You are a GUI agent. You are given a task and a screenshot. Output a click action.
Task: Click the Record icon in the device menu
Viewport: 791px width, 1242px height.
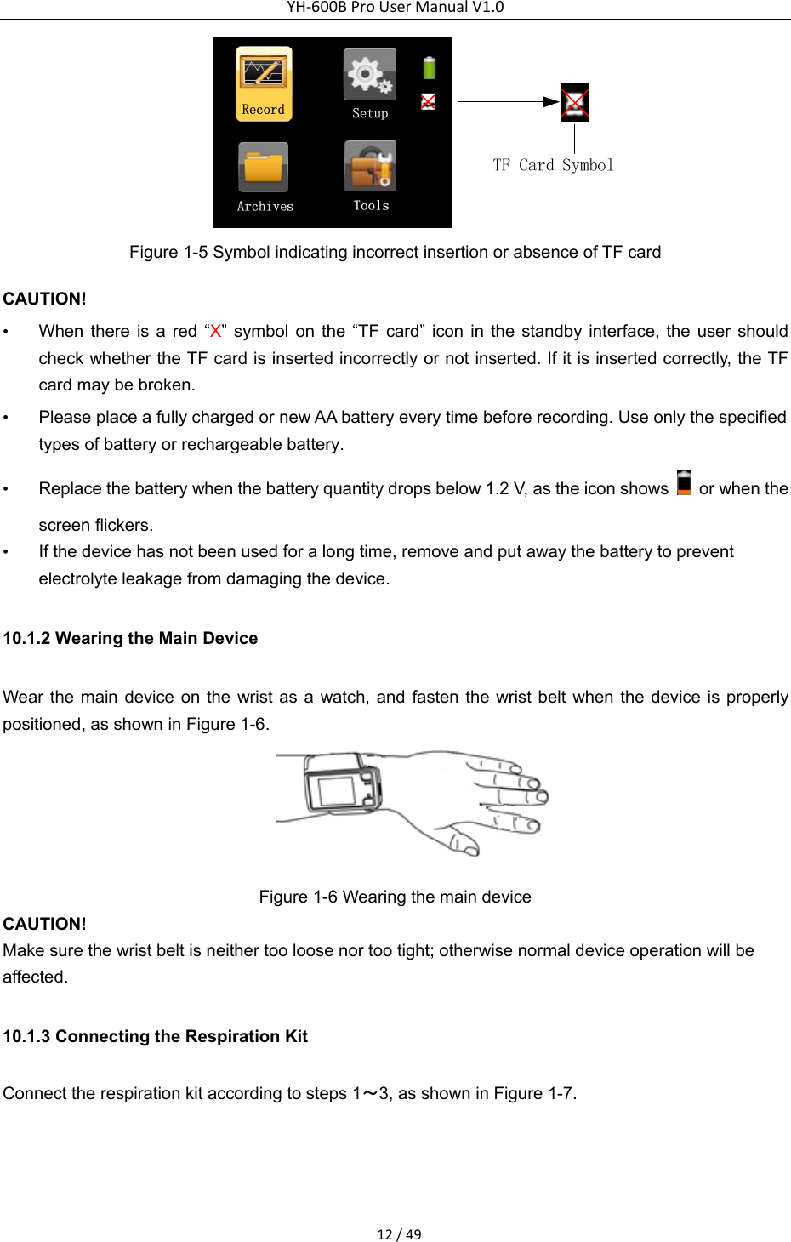tap(264, 83)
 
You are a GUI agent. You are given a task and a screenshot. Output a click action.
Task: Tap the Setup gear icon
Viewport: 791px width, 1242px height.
tap(370, 77)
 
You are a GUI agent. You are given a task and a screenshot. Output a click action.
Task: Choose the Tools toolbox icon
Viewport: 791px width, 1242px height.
tap(371, 167)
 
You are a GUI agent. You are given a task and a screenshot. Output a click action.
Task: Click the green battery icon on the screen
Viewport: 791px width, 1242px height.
tap(430, 67)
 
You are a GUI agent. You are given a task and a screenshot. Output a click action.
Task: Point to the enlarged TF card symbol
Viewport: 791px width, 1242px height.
tap(575, 103)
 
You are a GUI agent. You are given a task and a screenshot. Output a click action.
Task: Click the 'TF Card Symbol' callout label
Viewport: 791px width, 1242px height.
tap(553, 165)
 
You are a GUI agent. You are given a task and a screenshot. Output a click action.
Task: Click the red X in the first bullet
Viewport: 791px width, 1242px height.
tap(215, 331)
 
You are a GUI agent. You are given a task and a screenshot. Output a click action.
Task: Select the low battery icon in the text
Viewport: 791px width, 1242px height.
tap(684, 483)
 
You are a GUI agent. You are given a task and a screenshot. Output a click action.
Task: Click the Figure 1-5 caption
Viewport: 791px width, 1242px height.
tap(395, 252)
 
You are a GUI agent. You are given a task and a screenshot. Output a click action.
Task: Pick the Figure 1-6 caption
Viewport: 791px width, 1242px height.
tap(395, 897)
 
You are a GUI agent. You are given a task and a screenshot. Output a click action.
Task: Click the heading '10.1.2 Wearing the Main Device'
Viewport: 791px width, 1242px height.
tap(130, 638)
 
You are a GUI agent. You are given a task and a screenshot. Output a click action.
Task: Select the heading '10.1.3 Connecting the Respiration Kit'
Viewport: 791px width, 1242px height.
tap(155, 1036)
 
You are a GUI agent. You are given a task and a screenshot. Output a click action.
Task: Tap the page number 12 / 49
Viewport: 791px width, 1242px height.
tap(399, 1234)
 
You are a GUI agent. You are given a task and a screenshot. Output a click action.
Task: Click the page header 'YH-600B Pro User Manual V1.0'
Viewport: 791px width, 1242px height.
tap(395, 8)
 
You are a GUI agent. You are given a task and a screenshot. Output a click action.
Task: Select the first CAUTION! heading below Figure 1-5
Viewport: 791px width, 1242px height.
tap(44, 299)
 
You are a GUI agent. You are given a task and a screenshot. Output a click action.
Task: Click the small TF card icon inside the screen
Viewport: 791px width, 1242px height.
tap(428, 102)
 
